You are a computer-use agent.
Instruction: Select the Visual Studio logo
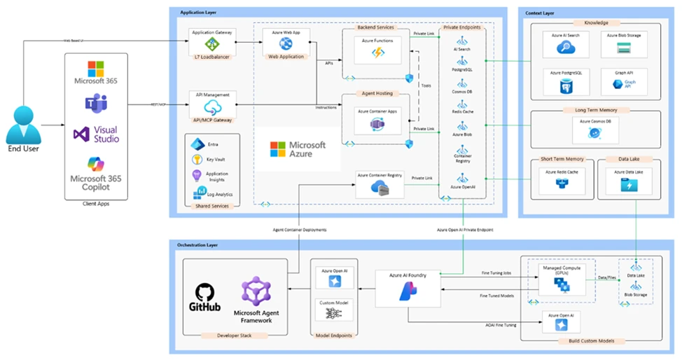click(x=83, y=133)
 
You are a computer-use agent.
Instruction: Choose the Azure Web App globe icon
click(x=285, y=43)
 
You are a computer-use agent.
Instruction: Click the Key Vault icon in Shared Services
click(x=197, y=159)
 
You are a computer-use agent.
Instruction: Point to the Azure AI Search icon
click(x=565, y=48)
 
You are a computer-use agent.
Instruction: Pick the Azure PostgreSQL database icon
click(x=565, y=85)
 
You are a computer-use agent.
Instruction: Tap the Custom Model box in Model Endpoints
click(x=333, y=310)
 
